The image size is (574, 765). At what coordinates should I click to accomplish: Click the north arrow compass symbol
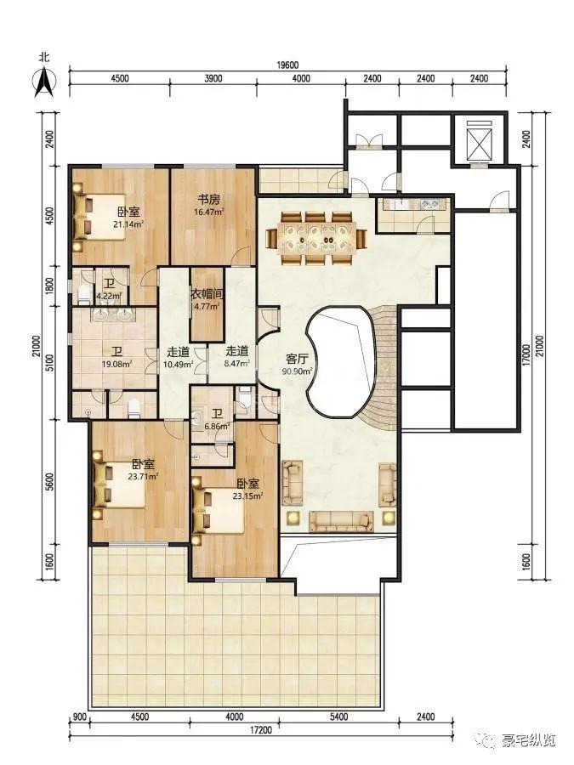click(x=44, y=81)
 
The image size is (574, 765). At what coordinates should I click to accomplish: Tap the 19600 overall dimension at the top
click(x=287, y=65)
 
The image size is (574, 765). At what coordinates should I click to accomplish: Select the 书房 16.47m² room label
click(x=209, y=205)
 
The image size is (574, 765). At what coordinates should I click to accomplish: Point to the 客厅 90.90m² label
click(x=298, y=365)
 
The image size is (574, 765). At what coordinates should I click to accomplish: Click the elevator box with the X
click(x=478, y=140)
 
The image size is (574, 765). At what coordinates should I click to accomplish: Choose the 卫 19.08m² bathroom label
click(x=117, y=358)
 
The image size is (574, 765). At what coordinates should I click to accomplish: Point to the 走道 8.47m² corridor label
click(x=237, y=357)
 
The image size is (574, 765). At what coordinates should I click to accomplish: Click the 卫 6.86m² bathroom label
click(x=217, y=420)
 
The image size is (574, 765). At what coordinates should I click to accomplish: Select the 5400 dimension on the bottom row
click(x=338, y=730)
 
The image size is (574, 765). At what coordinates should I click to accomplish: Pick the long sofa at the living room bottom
click(x=341, y=522)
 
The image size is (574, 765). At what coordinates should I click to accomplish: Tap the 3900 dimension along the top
click(x=213, y=78)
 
